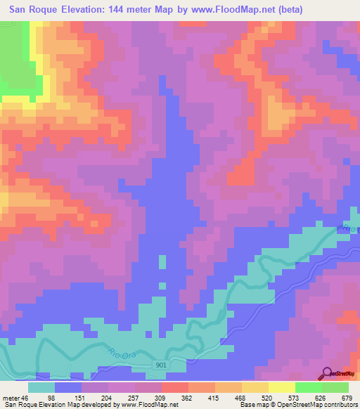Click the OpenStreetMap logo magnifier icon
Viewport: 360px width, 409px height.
coord(327,372)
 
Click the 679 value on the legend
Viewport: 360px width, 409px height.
coord(345,398)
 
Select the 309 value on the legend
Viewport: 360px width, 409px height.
coord(160,398)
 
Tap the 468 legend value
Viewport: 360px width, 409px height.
coord(236,398)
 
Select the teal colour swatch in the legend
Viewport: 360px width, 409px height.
coord(41,387)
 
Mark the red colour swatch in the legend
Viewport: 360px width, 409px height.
coord(174,387)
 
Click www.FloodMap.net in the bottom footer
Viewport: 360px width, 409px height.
coord(148,405)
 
